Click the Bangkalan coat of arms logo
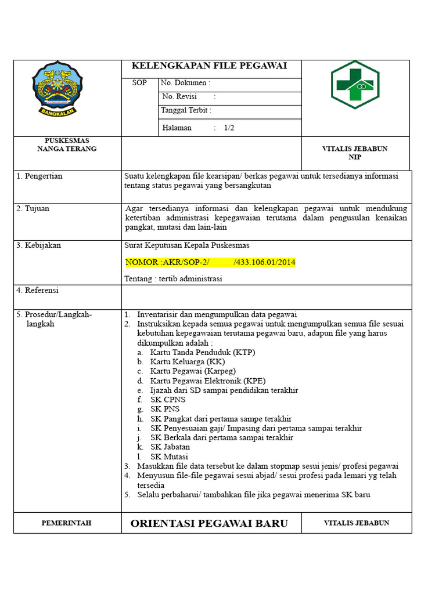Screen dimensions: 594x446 57,90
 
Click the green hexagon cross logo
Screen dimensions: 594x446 355,85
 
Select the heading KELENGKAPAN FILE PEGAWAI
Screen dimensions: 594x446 210,66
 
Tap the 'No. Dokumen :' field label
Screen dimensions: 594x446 185,83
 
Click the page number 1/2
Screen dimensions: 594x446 229,128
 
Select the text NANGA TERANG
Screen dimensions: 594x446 67,149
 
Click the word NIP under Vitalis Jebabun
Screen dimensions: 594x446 355,157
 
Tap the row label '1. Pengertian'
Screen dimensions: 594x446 39,176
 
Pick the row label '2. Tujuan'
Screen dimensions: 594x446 33,208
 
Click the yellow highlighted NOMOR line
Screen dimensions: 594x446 210,262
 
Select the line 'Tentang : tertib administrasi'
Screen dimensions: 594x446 173,278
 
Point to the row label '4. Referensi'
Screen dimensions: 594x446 37,290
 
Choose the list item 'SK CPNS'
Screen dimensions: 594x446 167,399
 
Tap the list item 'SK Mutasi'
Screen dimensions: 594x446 169,457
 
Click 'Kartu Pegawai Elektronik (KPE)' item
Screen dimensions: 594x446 207,381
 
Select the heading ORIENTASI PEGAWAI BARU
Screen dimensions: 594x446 209,523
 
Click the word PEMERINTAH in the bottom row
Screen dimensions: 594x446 66,523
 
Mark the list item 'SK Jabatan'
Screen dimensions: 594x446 170,447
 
